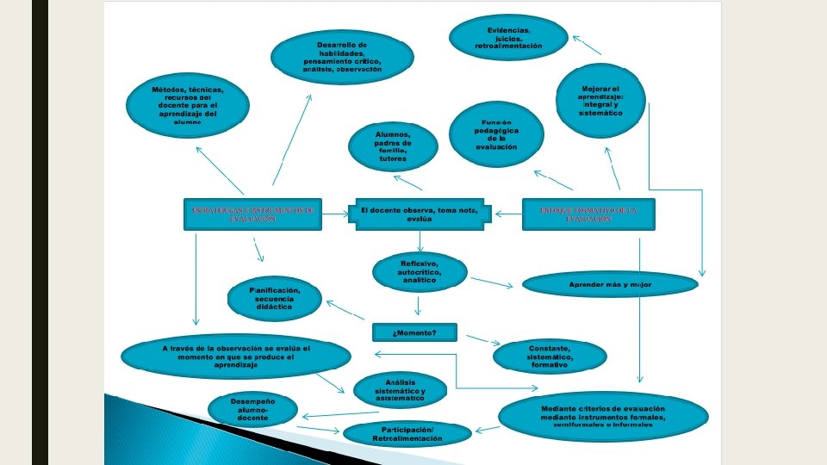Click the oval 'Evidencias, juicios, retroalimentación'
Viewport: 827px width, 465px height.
pyautogui.click(x=508, y=37)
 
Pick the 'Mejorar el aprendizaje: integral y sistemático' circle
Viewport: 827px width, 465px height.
pyautogui.click(x=600, y=101)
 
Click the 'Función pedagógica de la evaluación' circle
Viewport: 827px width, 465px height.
pyautogui.click(x=496, y=134)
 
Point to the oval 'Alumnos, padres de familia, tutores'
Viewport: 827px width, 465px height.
pyautogui.click(x=392, y=146)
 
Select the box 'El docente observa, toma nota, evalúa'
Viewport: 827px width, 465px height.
pyautogui.click(x=420, y=214)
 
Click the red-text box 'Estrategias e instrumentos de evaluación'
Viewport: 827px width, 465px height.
pyautogui.click(x=252, y=214)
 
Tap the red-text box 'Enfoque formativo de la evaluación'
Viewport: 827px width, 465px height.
pyautogui.click(x=588, y=214)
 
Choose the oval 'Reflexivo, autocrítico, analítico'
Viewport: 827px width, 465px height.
pyautogui.click(x=420, y=273)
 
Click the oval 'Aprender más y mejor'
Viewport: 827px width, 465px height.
pyautogui.click(x=610, y=283)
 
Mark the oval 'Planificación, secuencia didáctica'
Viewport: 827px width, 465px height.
pyautogui.click(x=275, y=300)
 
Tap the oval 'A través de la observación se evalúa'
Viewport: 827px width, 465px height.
pyautogui.click(x=235, y=356)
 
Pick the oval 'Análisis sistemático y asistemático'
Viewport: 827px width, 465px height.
pyautogui.click(x=400, y=390)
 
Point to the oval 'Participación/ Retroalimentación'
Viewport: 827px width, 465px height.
pyautogui.click(x=407, y=433)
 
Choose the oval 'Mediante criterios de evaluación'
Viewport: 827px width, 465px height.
pyautogui.click(x=603, y=416)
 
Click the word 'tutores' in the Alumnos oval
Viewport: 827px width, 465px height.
pyautogui.click(x=392, y=159)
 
